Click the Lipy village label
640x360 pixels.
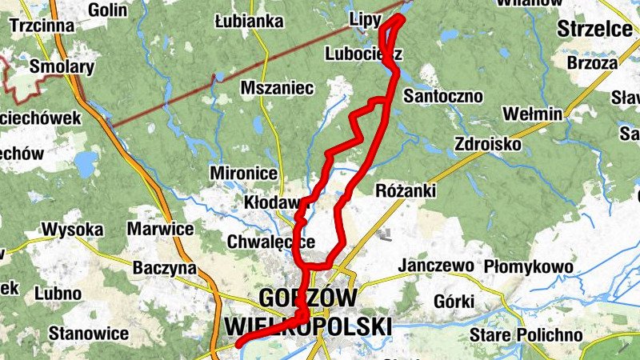click(x=365, y=18)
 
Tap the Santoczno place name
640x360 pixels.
click(x=443, y=97)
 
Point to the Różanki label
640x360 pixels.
click(x=405, y=190)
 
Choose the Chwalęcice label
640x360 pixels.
click(x=270, y=242)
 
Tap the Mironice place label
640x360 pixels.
click(x=243, y=174)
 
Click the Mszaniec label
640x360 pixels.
click(x=277, y=88)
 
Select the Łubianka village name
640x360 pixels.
click(x=250, y=22)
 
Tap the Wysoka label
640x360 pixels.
click(x=73, y=230)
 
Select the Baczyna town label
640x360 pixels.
click(x=165, y=267)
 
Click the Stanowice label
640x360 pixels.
click(x=89, y=332)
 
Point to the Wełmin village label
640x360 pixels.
click(x=534, y=114)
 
